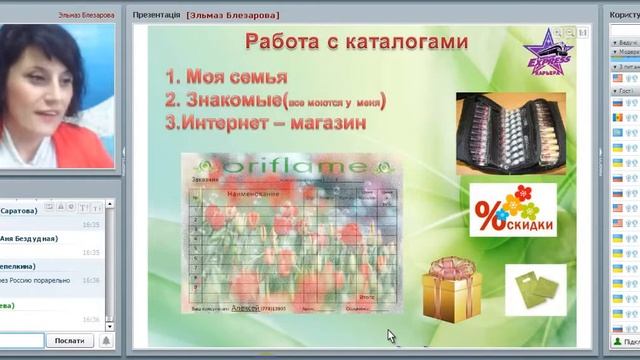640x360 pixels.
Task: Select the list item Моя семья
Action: coord(237,77)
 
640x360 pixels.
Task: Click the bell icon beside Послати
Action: coord(106,341)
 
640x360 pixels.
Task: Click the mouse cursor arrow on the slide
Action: coord(391,337)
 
